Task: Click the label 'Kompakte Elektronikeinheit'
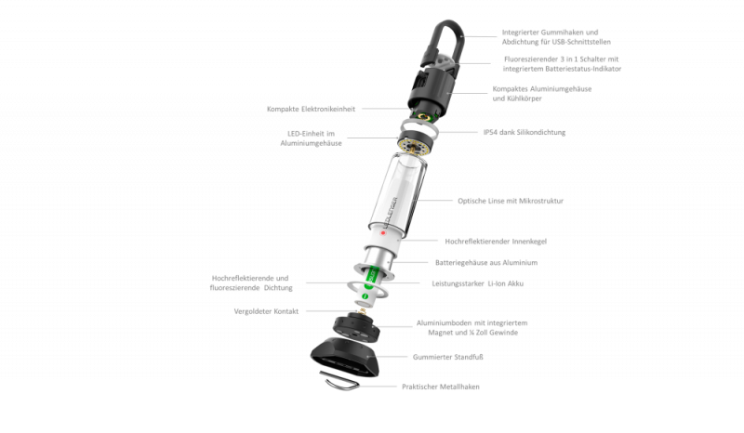tap(311, 109)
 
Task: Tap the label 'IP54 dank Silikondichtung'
tap(525, 132)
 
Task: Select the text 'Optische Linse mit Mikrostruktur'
tap(511, 201)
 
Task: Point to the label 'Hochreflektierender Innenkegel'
tap(496, 242)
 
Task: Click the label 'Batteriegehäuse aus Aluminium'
tap(486, 262)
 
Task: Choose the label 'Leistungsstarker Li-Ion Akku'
tap(477, 283)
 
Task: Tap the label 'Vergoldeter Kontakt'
tap(266, 311)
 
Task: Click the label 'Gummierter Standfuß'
tap(448, 357)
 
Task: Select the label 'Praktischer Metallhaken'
tap(441, 387)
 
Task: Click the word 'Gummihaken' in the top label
tap(561, 33)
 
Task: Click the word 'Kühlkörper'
tap(524, 98)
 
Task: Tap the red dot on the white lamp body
tap(383, 233)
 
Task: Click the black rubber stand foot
tap(345, 357)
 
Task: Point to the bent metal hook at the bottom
tap(340, 381)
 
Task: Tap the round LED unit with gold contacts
tap(415, 143)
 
